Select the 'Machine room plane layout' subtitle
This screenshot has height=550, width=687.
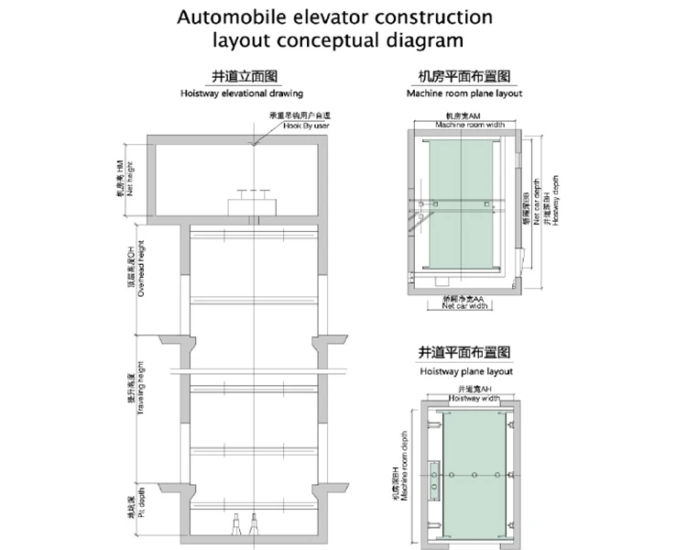463,93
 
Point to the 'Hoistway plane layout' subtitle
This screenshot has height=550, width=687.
465,371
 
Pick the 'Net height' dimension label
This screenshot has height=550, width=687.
129,178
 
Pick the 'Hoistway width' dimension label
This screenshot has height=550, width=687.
472,400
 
